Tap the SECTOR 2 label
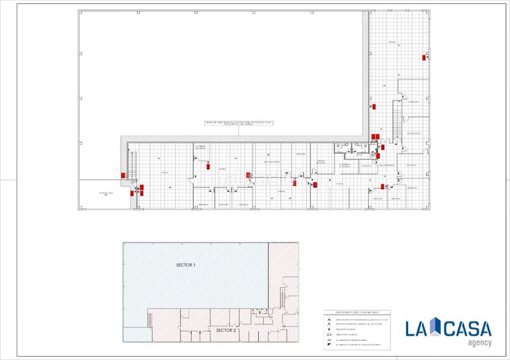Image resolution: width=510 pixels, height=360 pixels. point(226,331)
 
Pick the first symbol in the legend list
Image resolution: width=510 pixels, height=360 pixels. point(328,320)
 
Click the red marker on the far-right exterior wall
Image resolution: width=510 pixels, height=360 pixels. point(424,58)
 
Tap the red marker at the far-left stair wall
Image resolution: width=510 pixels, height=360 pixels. point(123,176)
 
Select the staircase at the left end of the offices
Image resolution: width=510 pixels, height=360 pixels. point(132,162)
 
